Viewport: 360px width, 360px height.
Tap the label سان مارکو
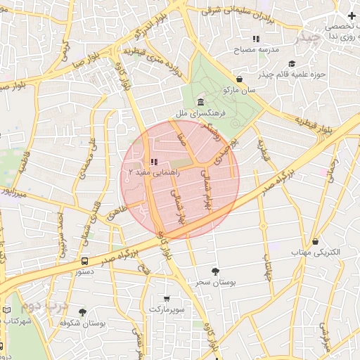[x=239, y=90]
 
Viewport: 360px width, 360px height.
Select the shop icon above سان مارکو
[x=240, y=79]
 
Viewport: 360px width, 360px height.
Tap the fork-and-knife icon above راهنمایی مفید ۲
[x=154, y=161]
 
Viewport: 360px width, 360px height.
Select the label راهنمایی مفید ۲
[x=155, y=172]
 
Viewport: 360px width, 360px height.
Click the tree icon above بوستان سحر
[x=214, y=271]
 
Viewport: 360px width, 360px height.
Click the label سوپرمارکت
[x=167, y=309]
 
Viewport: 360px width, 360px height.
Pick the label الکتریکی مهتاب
[x=316, y=252]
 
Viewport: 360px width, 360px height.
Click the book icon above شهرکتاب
[x=7, y=310]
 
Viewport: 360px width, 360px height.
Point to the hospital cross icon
[x=352, y=15]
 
